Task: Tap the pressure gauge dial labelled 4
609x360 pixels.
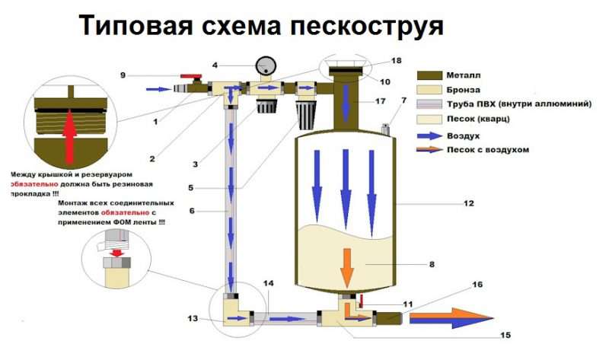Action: (x=266, y=64)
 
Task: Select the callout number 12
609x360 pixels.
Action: (x=470, y=203)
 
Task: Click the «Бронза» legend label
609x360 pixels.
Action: (x=481, y=91)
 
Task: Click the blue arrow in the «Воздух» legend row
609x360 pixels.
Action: (x=435, y=135)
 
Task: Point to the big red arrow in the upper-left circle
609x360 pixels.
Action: (x=69, y=132)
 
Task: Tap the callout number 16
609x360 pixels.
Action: (x=477, y=285)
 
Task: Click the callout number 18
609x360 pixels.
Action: (x=395, y=59)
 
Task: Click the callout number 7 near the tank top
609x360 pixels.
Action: (x=403, y=100)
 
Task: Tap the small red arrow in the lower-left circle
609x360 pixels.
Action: (x=116, y=253)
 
